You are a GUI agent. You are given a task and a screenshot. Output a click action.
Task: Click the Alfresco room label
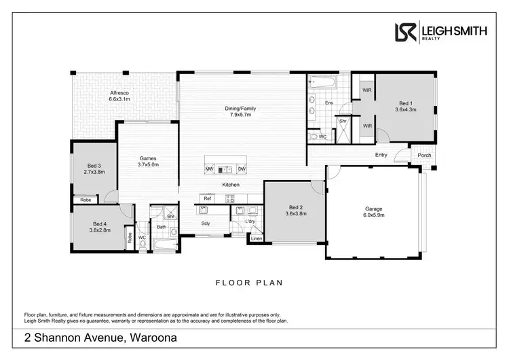[119, 92]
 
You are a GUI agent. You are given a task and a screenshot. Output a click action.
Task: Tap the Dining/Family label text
[240, 108]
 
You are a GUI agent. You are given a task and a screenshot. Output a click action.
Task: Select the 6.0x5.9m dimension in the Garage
[373, 215]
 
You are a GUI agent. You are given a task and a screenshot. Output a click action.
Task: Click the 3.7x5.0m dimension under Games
[148, 164]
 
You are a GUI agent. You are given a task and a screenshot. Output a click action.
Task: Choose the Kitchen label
[231, 185]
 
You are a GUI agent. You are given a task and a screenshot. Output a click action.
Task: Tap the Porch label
[424, 156]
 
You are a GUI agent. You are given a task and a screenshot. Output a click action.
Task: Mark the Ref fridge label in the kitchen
[208, 198]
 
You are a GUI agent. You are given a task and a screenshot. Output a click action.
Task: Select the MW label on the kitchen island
[210, 169]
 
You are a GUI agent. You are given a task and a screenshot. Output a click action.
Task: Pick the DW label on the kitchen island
[242, 169]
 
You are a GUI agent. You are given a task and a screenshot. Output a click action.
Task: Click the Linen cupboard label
[256, 238]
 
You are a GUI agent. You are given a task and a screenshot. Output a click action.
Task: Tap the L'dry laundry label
[250, 222]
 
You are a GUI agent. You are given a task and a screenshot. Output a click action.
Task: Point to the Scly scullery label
[206, 223]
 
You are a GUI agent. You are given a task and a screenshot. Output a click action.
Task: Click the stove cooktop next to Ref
[230, 198]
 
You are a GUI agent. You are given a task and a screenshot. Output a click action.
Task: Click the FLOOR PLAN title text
[249, 283]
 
